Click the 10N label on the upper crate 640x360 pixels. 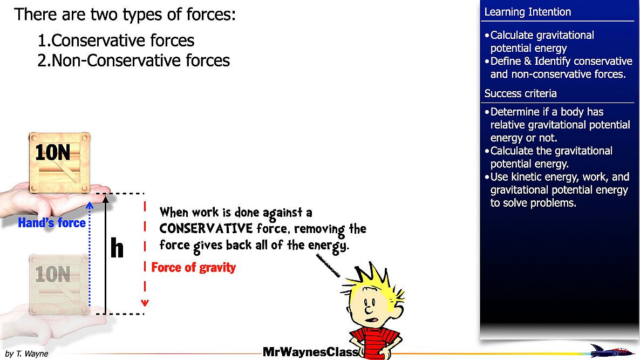[x=52, y=153]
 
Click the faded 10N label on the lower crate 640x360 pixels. [x=52, y=275]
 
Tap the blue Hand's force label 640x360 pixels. [x=52, y=223]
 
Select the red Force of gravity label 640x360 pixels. [x=193, y=267]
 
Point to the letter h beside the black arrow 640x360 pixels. [x=117, y=248]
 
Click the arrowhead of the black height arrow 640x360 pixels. [x=106, y=199]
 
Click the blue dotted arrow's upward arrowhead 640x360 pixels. [x=90, y=205]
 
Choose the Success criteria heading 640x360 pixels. [x=520, y=93]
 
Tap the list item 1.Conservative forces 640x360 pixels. [x=116, y=40]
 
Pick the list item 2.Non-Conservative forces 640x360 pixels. [x=134, y=60]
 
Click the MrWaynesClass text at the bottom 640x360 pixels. [x=310, y=352]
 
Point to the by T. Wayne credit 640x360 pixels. [x=26, y=354]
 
